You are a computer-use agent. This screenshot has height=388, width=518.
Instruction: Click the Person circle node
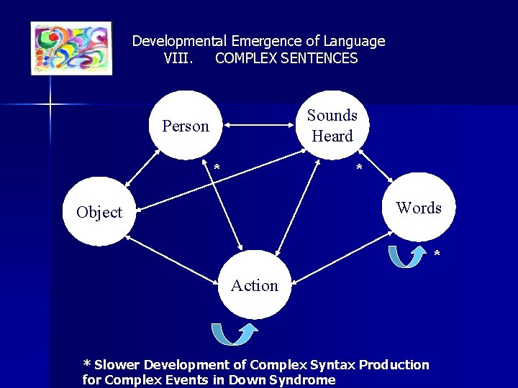(x=186, y=126)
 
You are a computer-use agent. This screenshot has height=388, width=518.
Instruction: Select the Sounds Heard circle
(x=332, y=126)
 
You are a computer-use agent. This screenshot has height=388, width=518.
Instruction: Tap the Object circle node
(x=99, y=212)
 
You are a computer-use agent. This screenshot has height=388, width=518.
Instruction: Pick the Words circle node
(x=419, y=208)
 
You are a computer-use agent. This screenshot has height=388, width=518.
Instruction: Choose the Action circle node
(x=254, y=285)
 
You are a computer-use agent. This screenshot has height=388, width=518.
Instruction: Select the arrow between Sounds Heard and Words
(x=376, y=167)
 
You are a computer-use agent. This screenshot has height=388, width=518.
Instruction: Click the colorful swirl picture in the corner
(x=71, y=48)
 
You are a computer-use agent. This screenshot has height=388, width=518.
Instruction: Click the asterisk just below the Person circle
(x=216, y=168)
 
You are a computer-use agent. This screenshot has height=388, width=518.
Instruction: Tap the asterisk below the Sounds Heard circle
(x=359, y=168)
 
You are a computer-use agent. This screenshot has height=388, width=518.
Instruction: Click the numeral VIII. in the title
(x=177, y=58)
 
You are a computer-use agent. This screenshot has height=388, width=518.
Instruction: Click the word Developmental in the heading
(x=179, y=41)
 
